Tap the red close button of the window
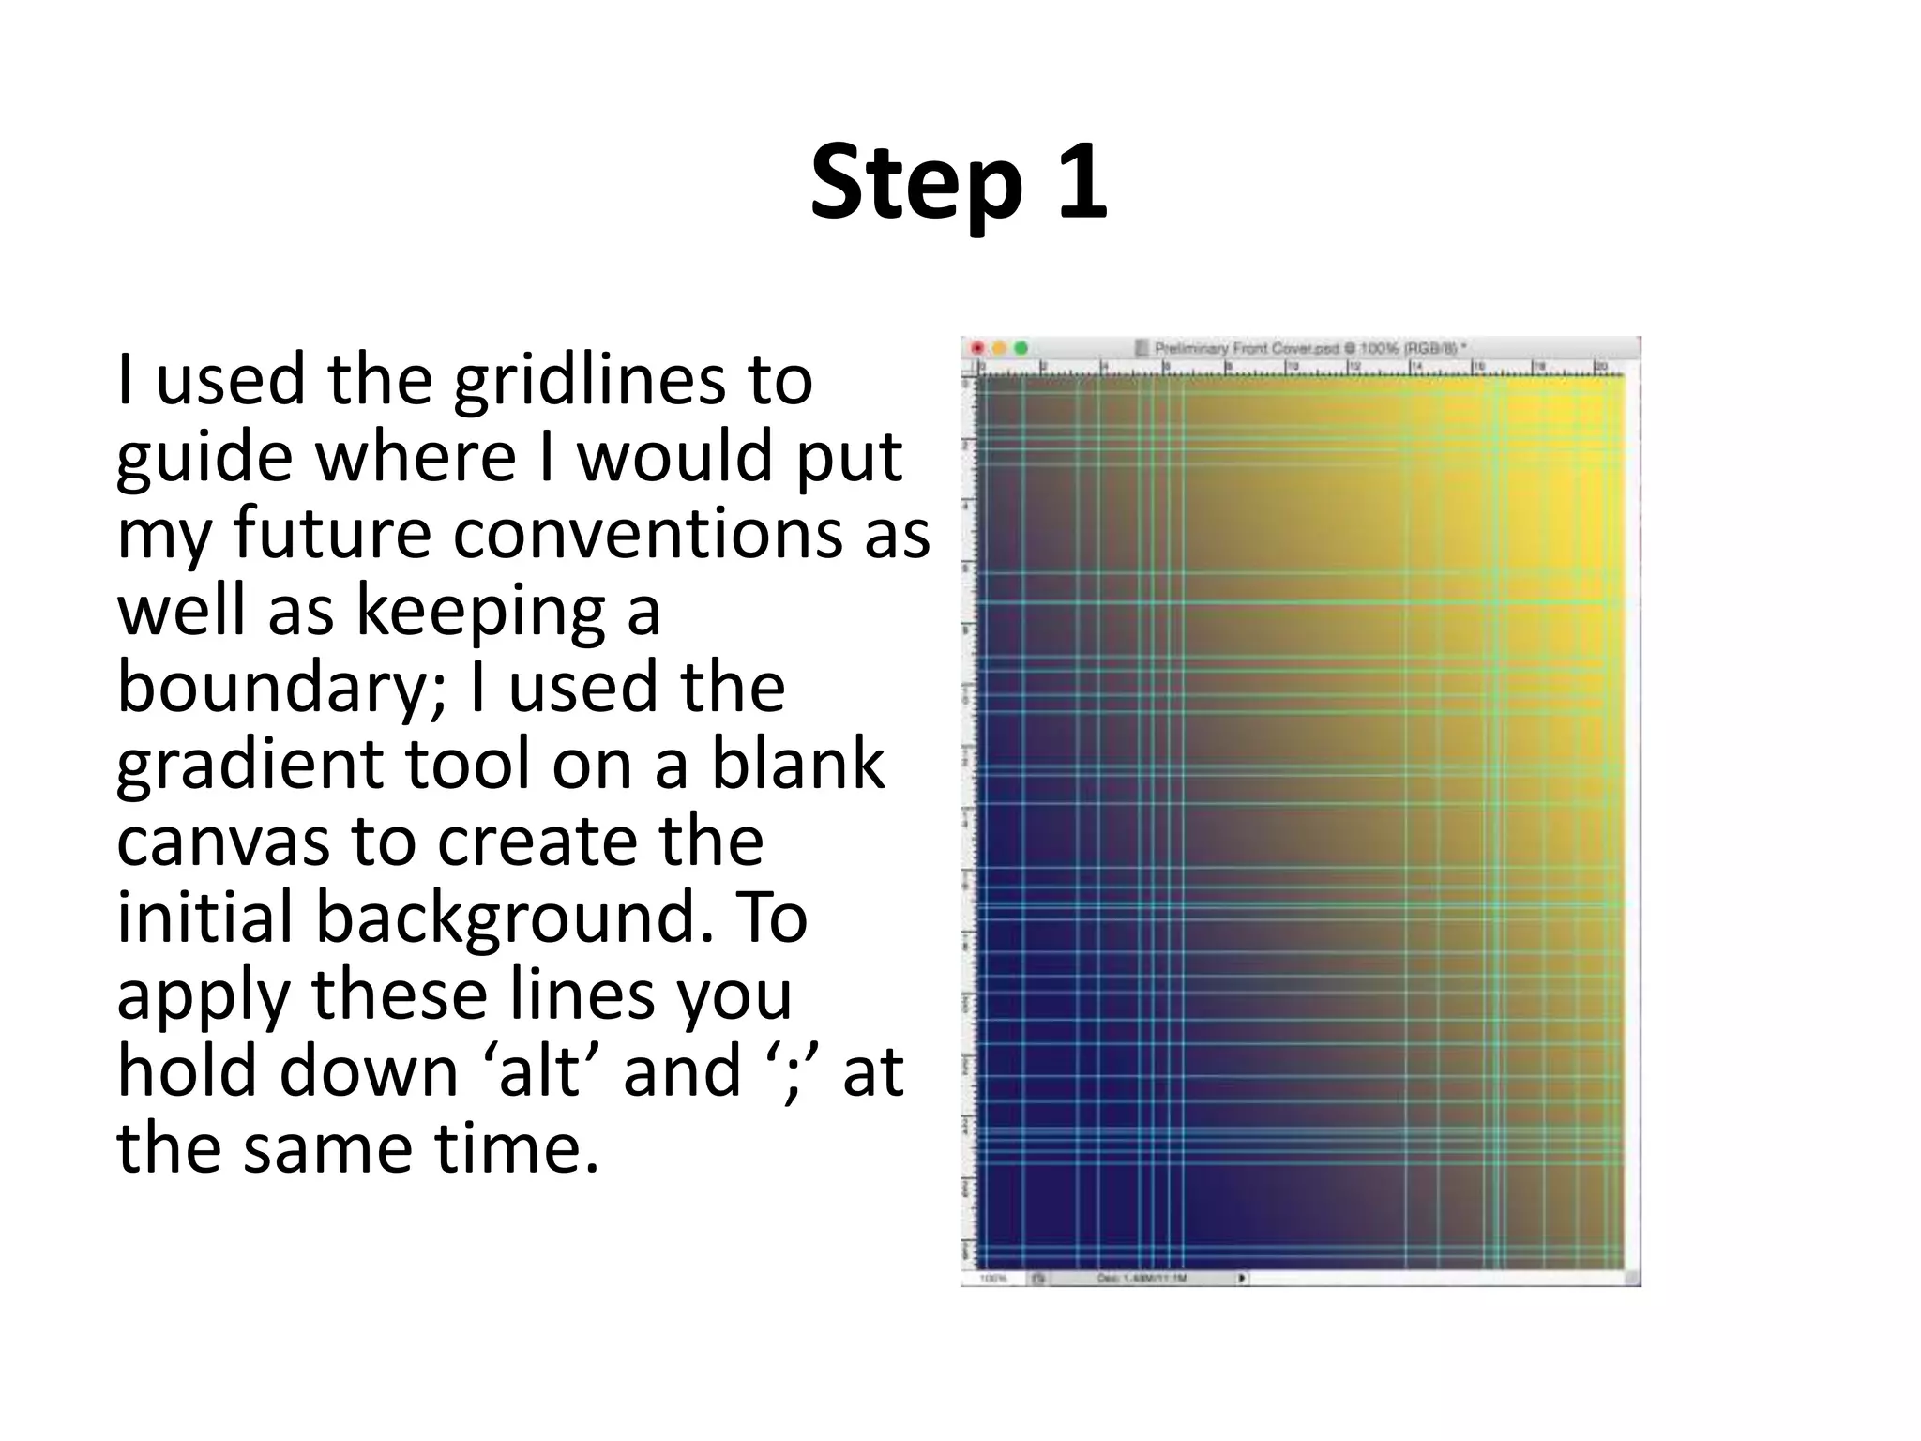976,348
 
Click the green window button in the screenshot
1021,348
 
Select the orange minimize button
999,348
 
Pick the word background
507,919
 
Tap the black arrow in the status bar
1242,1277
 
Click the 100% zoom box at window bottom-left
993,1278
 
